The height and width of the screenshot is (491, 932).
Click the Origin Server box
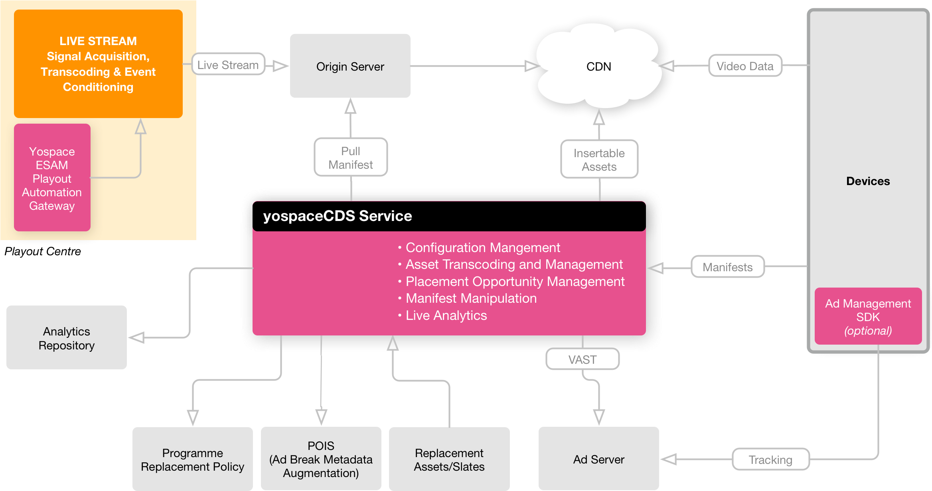tap(350, 66)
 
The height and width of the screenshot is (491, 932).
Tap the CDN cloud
tap(598, 67)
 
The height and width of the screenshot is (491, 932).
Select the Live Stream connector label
tap(228, 65)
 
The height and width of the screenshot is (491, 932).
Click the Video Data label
tap(744, 66)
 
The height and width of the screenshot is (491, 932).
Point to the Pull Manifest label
tap(350, 158)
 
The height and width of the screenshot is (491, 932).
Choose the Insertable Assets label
tap(599, 160)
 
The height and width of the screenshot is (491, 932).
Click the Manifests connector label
tap(727, 267)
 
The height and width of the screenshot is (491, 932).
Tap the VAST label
tap(582, 359)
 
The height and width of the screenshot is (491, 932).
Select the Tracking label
tap(770, 459)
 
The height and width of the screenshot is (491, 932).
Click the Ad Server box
tap(598, 459)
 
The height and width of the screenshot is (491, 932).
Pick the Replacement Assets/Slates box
tap(449, 459)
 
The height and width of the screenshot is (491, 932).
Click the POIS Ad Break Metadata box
tap(321, 459)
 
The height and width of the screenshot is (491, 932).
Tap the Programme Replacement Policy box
tap(192, 459)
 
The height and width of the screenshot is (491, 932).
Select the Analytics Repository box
tap(66, 338)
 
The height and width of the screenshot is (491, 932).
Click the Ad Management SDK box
tap(868, 316)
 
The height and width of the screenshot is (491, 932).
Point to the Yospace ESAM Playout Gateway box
tap(52, 178)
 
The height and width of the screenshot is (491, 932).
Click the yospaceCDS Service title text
tap(338, 216)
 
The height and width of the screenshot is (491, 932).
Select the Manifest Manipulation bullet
tap(471, 298)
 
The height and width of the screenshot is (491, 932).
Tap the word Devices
tap(868, 181)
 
